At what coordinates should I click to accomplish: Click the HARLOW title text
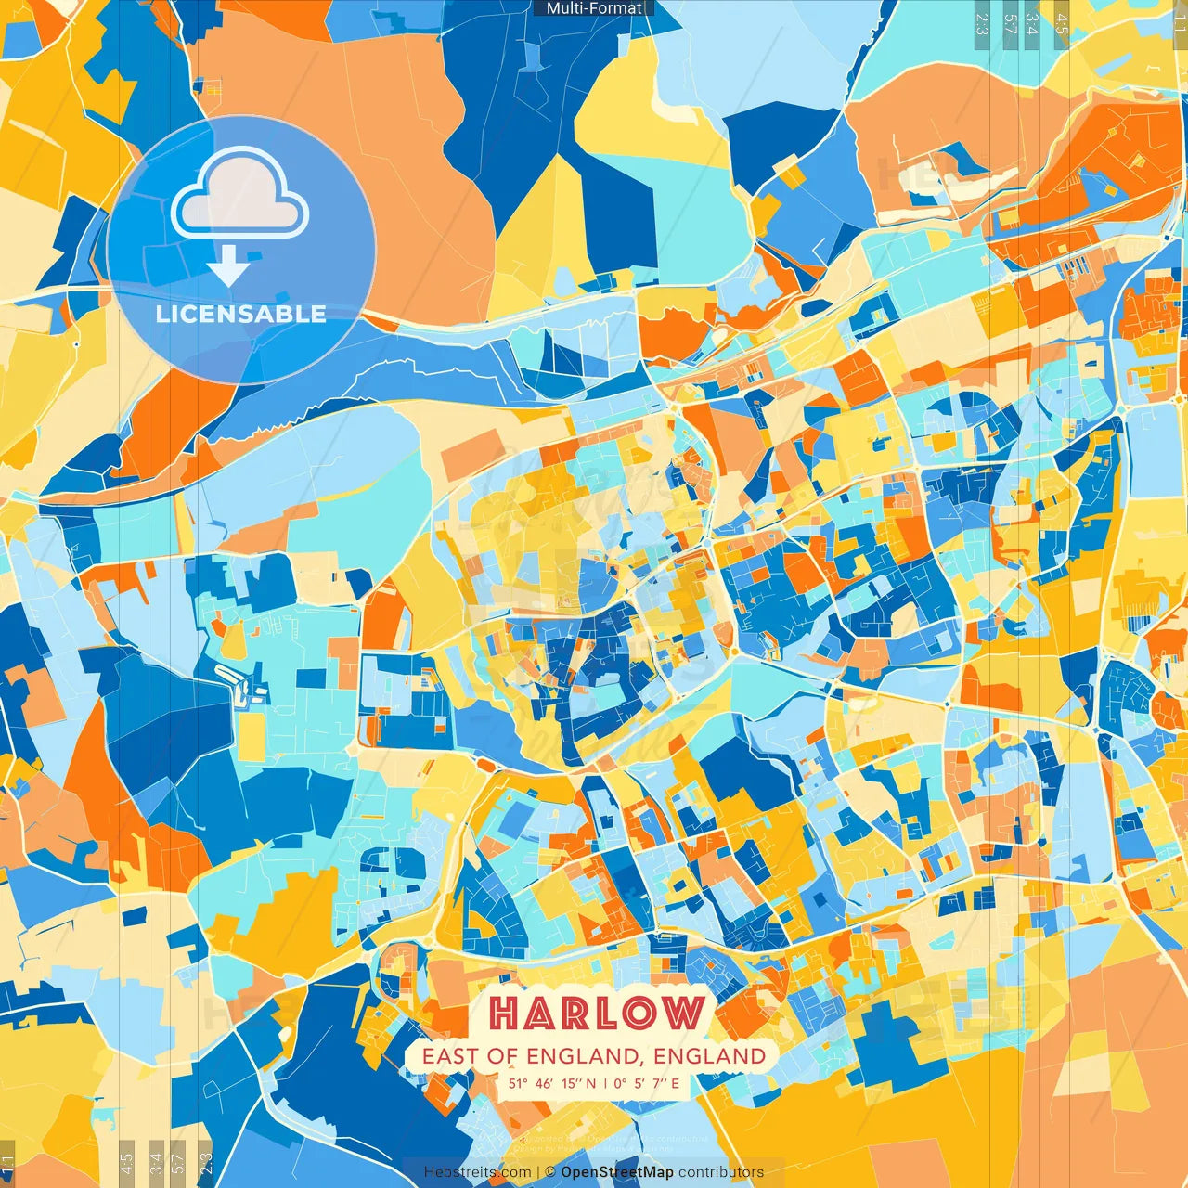pos(596,1013)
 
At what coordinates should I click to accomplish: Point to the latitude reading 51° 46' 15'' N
pos(551,1083)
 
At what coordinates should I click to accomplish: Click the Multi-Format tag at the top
pos(594,8)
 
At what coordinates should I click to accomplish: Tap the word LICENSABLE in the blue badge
pos(241,314)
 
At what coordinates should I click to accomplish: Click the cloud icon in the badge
pos(240,198)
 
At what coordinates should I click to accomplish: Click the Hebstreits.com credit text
pos(477,1172)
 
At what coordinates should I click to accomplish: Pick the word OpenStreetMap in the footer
pos(617,1172)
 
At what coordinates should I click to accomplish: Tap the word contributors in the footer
pos(721,1172)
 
